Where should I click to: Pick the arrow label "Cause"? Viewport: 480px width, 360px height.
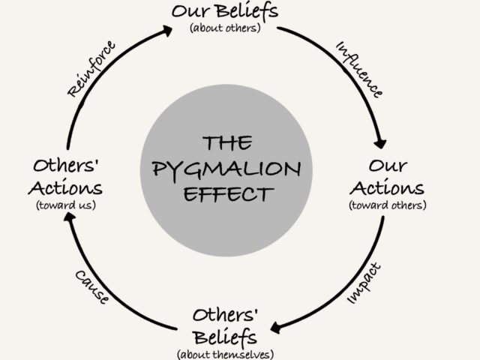(x=93, y=286)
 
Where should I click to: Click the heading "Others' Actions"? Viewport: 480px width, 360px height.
(x=67, y=175)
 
